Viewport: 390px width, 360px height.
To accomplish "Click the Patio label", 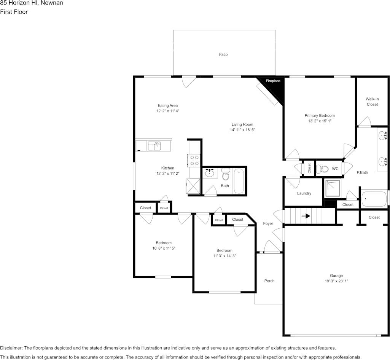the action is [223, 54].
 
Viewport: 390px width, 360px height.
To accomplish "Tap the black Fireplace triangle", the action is [275, 86].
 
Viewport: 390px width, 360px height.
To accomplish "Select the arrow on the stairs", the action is [306, 216].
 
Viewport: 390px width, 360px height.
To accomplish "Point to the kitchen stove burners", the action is [194, 161].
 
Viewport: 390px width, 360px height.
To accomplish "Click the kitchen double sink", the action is [154, 146].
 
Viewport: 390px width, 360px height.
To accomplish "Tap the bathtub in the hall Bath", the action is [239, 181].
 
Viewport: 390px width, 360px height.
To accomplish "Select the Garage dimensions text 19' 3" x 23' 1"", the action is [336, 281].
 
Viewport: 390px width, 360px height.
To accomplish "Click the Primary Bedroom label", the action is [320, 115].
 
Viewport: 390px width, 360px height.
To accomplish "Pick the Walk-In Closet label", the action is [372, 102].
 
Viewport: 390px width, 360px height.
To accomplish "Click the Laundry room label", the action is [304, 193].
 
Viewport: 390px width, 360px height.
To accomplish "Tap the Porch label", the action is [269, 281].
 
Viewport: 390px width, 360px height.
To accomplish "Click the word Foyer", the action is [268, 223].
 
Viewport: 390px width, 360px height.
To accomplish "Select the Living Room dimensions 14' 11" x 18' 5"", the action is [242, 130].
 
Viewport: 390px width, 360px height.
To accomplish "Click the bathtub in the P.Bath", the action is [374, 199].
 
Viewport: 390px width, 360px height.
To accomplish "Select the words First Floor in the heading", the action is [14, 12].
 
